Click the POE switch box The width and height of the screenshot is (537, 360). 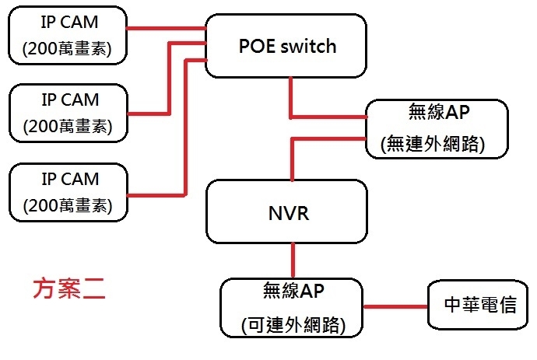tap(286, 46)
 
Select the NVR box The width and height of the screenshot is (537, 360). tap(286, 211)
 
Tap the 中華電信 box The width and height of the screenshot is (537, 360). tap(478, 305)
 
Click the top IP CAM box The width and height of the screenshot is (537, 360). tap(68, 35)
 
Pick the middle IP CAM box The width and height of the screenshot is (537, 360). tap(68, 113)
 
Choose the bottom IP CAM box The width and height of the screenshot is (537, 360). tap(68, 192)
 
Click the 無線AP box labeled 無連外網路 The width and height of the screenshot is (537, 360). tap(437, 128)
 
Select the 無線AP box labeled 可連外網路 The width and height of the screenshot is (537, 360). tap(291, 308)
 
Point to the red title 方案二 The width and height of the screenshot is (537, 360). tap(69, 288)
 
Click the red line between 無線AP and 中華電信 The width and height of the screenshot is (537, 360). tap(395, 306)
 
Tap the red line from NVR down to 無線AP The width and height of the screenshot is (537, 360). tap(293, 260)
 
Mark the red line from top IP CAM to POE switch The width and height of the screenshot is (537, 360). tap(166, 29)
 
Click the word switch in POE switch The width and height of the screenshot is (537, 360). tap(308, 46)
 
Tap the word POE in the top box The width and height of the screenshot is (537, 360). tap(257, 46)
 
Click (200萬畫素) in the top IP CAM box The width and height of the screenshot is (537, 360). tap(67, 48)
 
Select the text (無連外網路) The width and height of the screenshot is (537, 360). tap(433, 144)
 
